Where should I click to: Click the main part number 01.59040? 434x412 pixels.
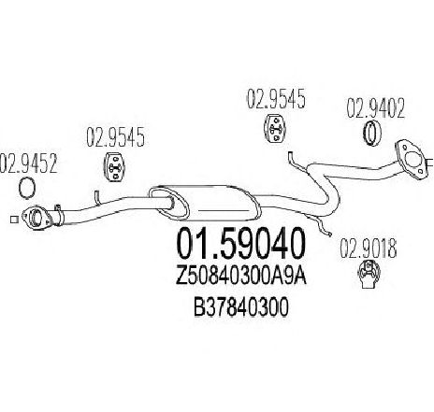tap(239, 244)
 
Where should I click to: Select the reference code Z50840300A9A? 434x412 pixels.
tap(241, 277)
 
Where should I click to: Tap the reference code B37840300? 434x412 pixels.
tap(240, 308)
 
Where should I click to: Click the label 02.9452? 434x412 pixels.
tap(29, 163)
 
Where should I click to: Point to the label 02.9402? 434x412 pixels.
tap(376, 108)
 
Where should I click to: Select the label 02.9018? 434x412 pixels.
tap(368, 249)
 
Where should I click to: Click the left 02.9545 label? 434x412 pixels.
tap(115, 136)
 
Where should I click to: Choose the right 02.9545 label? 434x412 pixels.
tap(276, 99)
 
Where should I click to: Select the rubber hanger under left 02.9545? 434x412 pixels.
tap(113, 166)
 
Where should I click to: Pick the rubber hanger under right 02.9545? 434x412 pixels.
tap(275, 129)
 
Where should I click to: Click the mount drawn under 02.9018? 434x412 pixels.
tap(369, 275)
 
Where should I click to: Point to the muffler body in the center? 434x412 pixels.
tap(204, 203)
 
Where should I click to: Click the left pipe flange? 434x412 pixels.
tap(36, 218)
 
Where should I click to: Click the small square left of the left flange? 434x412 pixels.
tap(13, 220)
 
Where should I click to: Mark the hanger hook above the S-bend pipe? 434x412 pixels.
tap(297, 162)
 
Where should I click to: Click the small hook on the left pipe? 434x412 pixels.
tap(96, 197)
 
